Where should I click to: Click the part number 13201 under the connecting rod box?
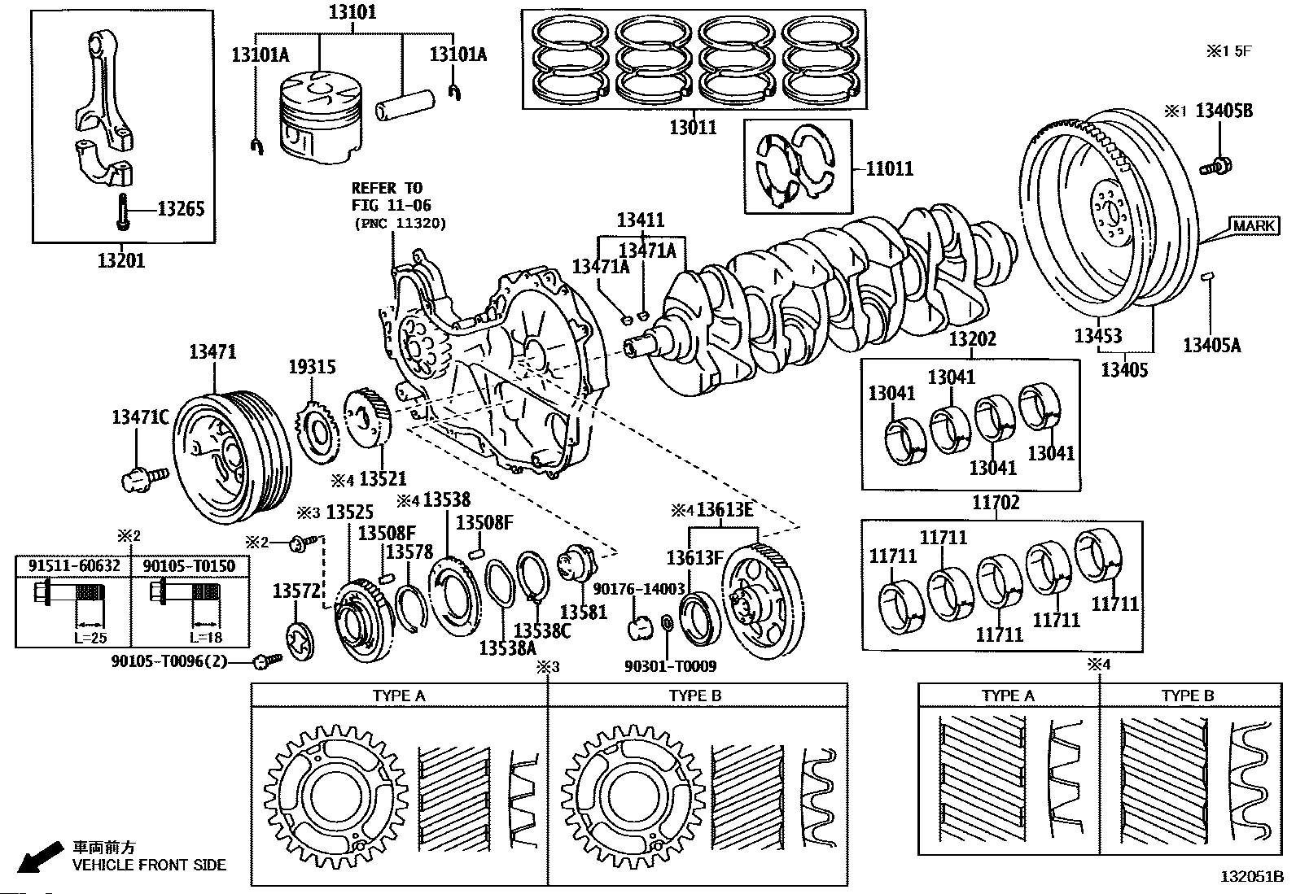coord(121,261)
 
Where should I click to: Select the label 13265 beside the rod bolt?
coord(181,209)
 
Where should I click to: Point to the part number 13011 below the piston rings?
coord(693,127)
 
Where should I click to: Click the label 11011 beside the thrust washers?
coord(889,169)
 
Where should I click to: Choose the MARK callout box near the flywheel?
coord(1253,225)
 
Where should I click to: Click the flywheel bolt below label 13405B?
coord(1215,167)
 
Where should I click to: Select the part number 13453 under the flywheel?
coord(1098,335)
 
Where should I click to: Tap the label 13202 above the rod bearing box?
coord(973,339)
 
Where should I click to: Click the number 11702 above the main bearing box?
coord(996,503)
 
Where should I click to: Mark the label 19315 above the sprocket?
coord(312,367)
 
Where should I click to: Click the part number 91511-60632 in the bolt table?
coord(74,565)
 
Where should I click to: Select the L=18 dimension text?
coord(206,638)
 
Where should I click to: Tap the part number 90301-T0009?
coord(670,667)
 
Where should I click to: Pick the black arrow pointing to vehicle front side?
coord(40,857)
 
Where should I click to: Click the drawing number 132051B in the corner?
coord(1252,877)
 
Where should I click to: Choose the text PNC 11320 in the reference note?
coord(401,224)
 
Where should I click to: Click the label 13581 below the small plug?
coord(583,612)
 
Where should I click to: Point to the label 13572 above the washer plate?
coord(296,591)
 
